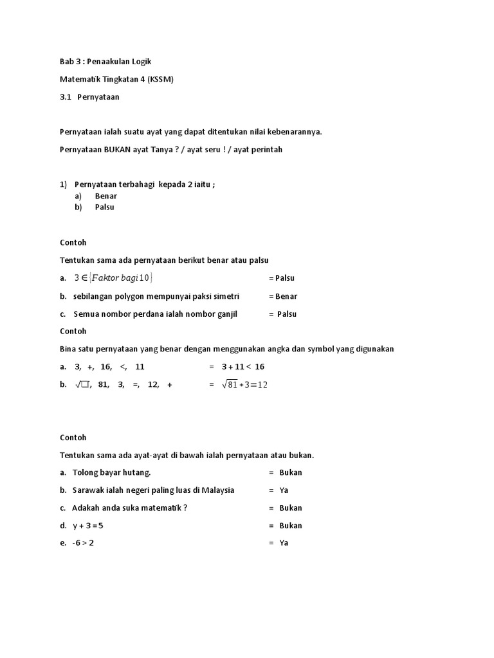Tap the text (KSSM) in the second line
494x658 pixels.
(160, 79)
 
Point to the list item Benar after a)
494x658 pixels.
(105, 196)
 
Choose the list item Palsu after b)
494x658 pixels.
(104, 208)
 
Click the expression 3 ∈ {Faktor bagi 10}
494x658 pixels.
(113, 278)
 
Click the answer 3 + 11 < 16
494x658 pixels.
(243, 367)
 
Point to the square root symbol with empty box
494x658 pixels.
(83, 385)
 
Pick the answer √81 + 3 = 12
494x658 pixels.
(244, 385)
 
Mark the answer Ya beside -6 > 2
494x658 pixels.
(284, 543)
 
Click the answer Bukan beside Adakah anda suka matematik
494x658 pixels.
(291, 508)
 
